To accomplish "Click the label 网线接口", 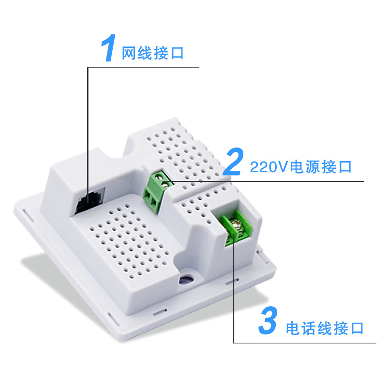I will pyautogui.click(x=153, y=53).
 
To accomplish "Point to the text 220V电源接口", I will pyautogui.click(x=300, y=167).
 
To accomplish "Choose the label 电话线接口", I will pyautogui.click(x=324, y=328).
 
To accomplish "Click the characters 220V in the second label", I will pyautogui.click(x=269, y=167).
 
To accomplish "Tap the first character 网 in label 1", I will pyautogui.click(x=128, y=53).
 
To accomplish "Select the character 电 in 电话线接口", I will pyautogui.click(x=293, y=328).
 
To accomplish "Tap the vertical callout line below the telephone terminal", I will pyautogui.click(x=234, y=290).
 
